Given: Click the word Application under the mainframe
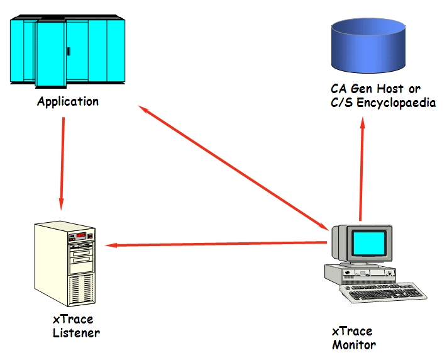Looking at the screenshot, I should pos(68,101).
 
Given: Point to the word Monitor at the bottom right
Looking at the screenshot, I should pos(354,345).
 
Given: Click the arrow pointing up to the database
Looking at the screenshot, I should pos(361,170).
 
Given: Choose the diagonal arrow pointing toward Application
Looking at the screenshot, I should pos(233,167).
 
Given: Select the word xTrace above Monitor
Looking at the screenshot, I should pos(352,332).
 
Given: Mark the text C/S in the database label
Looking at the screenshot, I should pos(343,103).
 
